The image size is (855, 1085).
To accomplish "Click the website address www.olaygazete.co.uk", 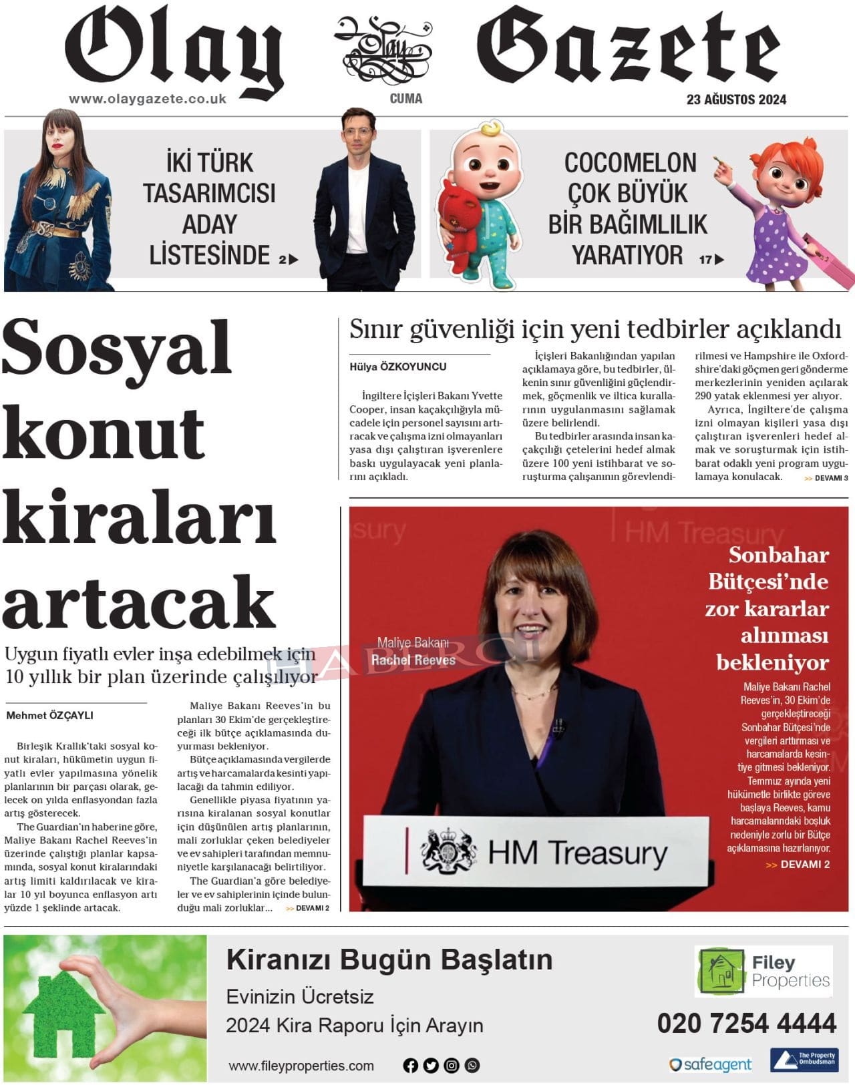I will click(x=148, y=99).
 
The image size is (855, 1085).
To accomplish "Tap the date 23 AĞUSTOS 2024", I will click(x=736, y=100).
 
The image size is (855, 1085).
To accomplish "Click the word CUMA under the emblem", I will click(x=406, y=99).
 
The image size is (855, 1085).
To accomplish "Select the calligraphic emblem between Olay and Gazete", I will click(x=386, y=48).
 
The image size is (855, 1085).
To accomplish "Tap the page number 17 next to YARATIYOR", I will click(x=705, y=260).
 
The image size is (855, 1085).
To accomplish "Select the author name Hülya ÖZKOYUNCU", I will click(x=397, y=367).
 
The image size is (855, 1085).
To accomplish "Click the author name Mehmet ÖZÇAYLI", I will click(x=49, y=716).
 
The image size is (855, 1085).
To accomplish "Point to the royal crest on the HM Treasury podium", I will click(x=448, y=851).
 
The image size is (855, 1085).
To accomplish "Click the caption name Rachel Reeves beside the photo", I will click(x=413, y=660).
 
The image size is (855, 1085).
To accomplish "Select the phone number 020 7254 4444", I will click(x=746, y=1024).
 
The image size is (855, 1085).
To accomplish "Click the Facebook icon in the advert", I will click(x=410, y=1066).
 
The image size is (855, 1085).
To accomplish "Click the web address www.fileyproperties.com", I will click(x=301, y=1066).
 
